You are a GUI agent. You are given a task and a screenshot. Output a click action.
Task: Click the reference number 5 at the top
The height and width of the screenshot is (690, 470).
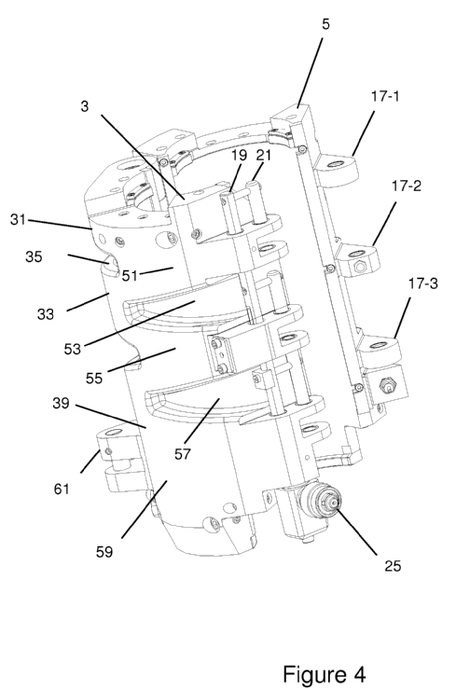(x=325, y=24)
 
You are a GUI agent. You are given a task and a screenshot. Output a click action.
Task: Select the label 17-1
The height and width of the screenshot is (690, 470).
(x=385, y=96)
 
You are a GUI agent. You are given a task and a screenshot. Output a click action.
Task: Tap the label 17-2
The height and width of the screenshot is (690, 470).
(x=407, y=186)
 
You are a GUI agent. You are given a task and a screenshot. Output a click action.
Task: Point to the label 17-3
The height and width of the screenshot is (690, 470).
(x=423, y=283)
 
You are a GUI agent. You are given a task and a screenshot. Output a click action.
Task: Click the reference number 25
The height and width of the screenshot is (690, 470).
(x=393, y=565)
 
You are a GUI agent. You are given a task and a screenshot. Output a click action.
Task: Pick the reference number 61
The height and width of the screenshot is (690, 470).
(x=62, y=489)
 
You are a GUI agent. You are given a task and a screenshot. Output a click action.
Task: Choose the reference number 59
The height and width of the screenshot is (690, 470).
(x=104, y=552)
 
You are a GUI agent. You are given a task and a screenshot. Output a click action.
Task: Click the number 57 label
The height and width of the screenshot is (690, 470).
(x=182, y=454)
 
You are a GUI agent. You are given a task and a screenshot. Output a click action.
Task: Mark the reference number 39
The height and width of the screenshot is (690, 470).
(x=61, y=403)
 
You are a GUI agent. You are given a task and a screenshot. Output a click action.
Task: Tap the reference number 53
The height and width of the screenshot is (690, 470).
(x=73, y=349)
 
